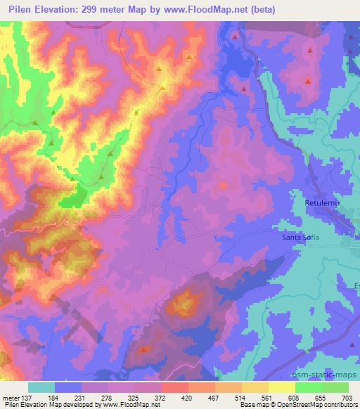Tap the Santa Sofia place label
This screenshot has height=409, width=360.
(x=300, y=237)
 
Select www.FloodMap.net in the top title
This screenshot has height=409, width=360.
(x=214, y=9)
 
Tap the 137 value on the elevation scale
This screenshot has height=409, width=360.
(x=27, y=398)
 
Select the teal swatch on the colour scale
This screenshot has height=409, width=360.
(x=41, y=387)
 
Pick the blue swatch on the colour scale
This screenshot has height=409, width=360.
(x=68, y=387)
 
